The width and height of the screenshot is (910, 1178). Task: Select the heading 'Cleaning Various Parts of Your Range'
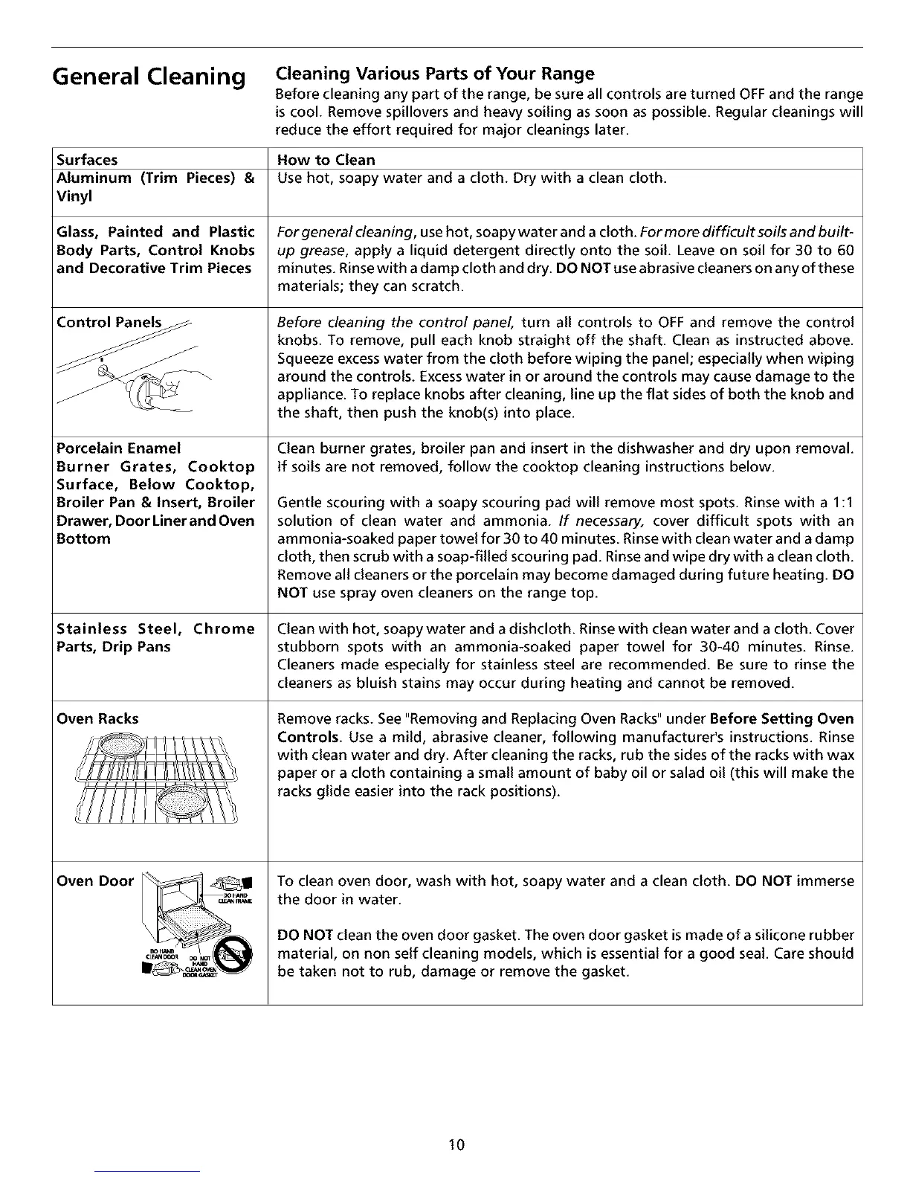click(x=435, y=74)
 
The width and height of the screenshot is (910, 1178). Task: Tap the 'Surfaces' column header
click(x=87, y=160)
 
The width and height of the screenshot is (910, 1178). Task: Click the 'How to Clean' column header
click(x=326, y=160)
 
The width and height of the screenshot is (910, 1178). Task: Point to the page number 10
click(x=456, y=1145)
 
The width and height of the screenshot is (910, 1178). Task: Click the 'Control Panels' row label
click(x=109, y=323)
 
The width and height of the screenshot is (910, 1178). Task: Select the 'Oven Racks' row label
click(x=97, y=719)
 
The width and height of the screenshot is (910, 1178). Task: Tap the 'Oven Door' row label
click(x=95, y=881)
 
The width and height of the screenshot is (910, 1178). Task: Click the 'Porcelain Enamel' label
click(x=119, y=448)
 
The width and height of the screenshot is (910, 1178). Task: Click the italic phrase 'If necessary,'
click(x=589, y=521)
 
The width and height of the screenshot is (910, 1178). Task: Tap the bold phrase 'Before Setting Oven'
click(x=781, y=719)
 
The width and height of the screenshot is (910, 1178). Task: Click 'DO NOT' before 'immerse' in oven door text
click(x=763, y=881)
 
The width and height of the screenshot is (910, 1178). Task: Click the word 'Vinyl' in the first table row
click(x=74, y=196)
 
